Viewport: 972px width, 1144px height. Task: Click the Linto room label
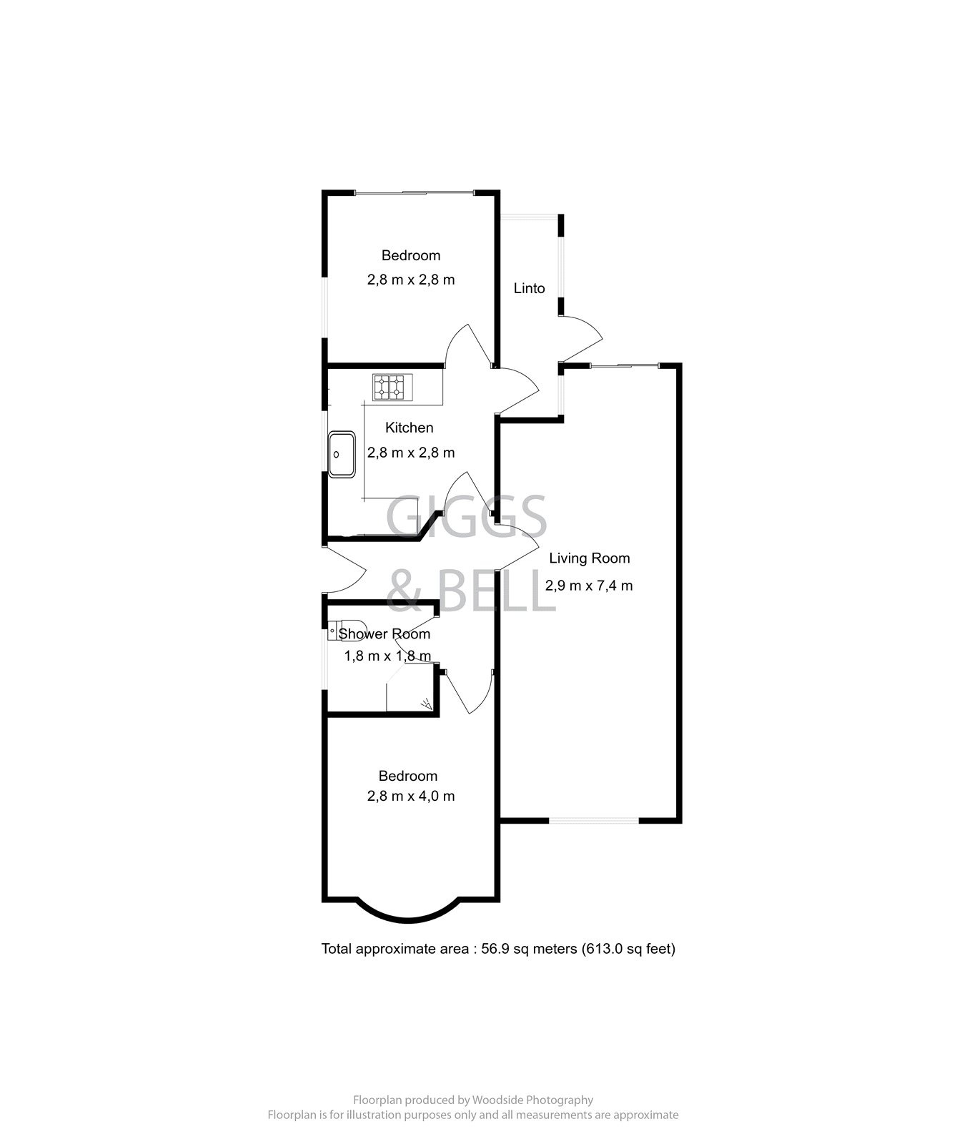tap(529, 289)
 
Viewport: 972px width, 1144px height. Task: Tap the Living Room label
tap(589, 558)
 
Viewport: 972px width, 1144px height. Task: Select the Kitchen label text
tap(409, 428)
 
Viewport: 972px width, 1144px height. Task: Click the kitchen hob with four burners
tap(388, 387)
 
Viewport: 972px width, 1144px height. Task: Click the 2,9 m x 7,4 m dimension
tap(589, 586)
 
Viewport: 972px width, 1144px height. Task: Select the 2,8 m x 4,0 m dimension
tap(411, 796)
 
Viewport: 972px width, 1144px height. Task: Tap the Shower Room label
tap(385, 634)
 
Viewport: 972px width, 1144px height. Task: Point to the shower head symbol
tap(427, 704)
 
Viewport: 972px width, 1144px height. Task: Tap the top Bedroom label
tap(410, 255)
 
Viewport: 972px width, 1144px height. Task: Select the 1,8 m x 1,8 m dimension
tap(387, 656)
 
